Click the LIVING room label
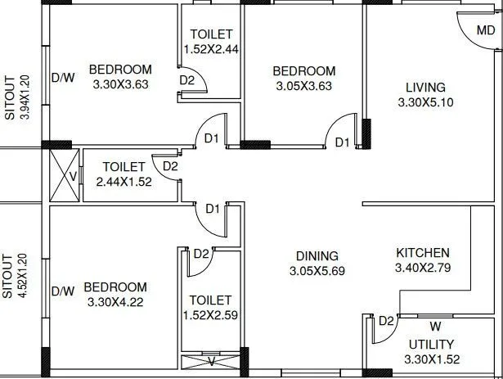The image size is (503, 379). pyautogui.click(x=424, y=88)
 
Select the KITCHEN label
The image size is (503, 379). pyautogui.click(x=422, y=252)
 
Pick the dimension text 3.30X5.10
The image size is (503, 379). pyautogui.click(x=424, y=102)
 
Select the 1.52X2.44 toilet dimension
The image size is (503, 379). pyautogui.click(x=211, y=49)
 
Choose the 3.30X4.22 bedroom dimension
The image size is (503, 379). pyautogui.click(x=115, y=302)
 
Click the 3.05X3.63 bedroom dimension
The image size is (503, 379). pyautogui.click(x=304, y=86)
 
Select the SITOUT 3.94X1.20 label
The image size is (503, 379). pyautogui.click(x=17, y=97)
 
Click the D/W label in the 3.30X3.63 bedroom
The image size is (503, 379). pyautogui.click(x=63, y=79)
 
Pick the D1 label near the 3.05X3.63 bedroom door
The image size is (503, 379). pyautogui.click(x=342, y=142)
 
